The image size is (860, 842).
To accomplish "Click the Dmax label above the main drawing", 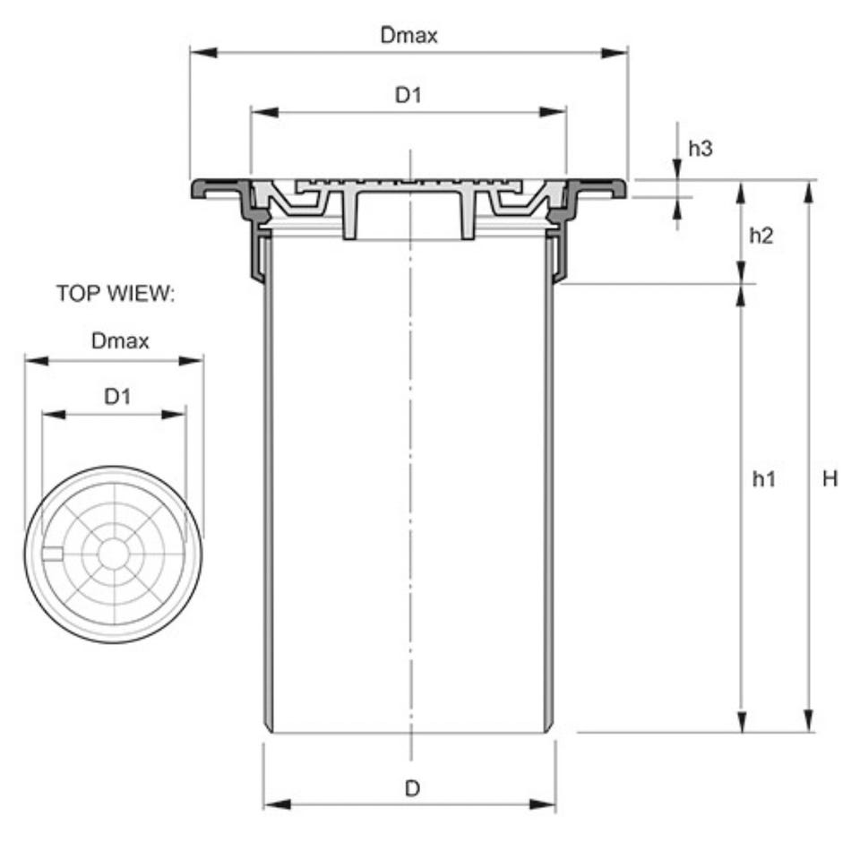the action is tap(409, 36).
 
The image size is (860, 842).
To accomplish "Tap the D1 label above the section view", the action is tap(408, 96).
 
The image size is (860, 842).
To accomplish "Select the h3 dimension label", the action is tap(701, 148).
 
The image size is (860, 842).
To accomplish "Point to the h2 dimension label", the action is tap(761, 236).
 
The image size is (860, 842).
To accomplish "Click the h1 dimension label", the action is tap(764, 479).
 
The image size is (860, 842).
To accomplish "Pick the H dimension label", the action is tap(830, 479).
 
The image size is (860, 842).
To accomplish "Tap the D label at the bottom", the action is tap(412, 788).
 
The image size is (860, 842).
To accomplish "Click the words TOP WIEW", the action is tap(116, 294).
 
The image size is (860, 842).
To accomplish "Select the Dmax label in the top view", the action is tap(120, 341).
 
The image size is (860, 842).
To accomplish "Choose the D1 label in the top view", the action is tap(117, 396).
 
